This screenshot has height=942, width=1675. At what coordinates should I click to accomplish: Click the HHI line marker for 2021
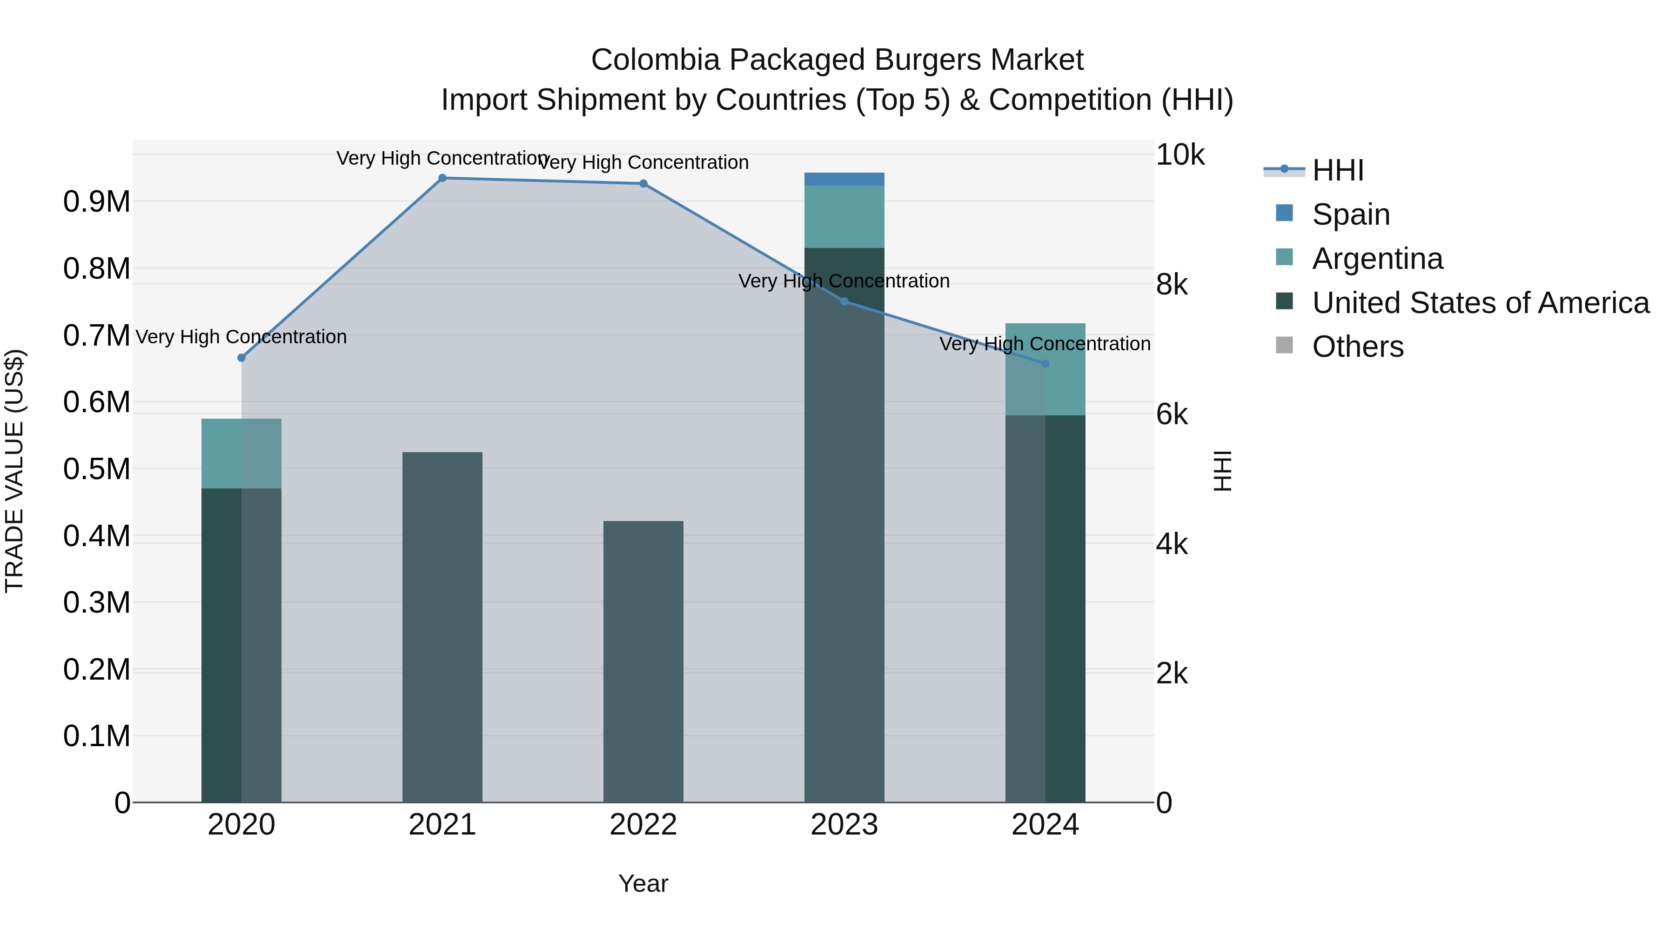[442, 178]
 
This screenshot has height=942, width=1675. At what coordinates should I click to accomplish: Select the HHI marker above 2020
[241, 358]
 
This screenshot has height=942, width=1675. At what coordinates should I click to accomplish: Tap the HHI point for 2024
[1045, 363]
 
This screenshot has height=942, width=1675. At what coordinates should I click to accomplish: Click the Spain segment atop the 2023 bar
[844, 180]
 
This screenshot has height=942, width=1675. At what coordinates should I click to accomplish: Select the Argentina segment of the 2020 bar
[241, 454]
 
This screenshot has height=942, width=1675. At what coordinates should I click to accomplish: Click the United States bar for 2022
[643, 661]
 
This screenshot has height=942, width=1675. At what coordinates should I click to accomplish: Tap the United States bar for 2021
[442, 627]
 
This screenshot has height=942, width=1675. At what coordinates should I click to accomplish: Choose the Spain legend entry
[1351, 214]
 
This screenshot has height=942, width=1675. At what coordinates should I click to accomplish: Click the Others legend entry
[1357, 347]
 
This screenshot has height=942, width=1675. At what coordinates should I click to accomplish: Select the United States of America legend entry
[1480, 303]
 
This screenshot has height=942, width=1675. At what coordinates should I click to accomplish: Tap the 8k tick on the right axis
[1172, 285]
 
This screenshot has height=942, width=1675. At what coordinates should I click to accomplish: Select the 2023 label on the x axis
[844, 825]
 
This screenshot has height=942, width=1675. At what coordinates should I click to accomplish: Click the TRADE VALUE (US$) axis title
[14, 471]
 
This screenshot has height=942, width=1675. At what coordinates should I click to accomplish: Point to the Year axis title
[643, 883]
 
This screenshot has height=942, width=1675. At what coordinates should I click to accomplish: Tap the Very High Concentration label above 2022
[643, 162]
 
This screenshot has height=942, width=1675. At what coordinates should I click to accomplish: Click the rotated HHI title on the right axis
[1222, 471]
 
